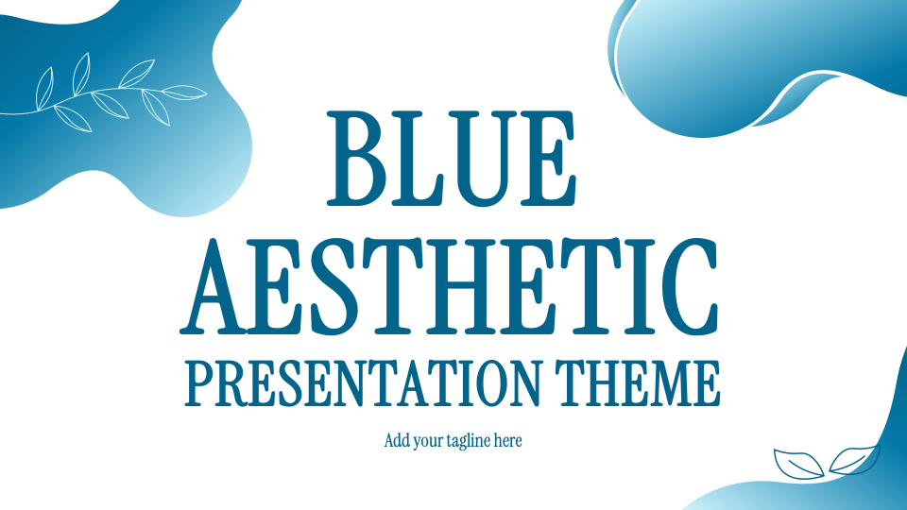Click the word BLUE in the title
tap(452, 159)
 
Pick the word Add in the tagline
tap(397, 440)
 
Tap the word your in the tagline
tap(429, 440)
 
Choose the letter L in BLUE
tap(416, 159)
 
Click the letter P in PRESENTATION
tap(200, 382)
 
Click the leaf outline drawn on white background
tap(797, 464)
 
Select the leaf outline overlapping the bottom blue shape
tap(854, 460)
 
